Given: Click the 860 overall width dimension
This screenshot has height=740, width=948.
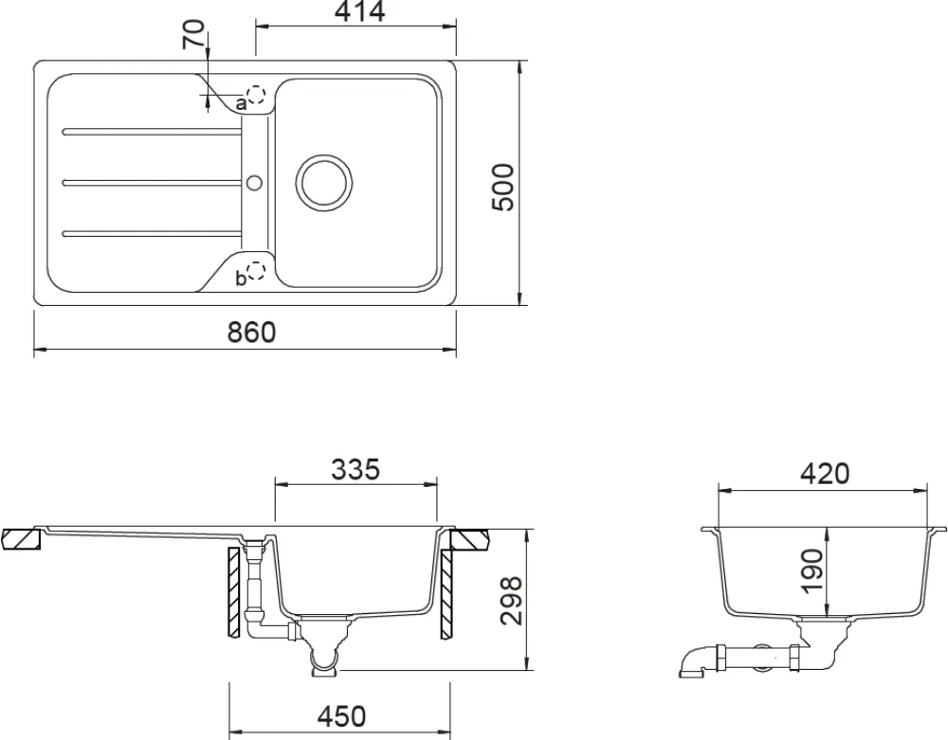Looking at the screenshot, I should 251,333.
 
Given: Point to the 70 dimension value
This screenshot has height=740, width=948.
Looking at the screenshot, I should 193,38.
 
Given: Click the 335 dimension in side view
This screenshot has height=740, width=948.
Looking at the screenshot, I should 355,470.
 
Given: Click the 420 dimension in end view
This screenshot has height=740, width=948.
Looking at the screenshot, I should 824,473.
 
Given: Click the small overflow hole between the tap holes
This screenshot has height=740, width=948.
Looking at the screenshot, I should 254,180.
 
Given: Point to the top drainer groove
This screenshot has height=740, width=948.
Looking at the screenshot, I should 152,130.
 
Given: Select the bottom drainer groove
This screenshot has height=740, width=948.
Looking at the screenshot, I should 152,231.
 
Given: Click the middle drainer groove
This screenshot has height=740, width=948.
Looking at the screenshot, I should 152,180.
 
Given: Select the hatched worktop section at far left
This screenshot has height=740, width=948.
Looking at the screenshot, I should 21,538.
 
